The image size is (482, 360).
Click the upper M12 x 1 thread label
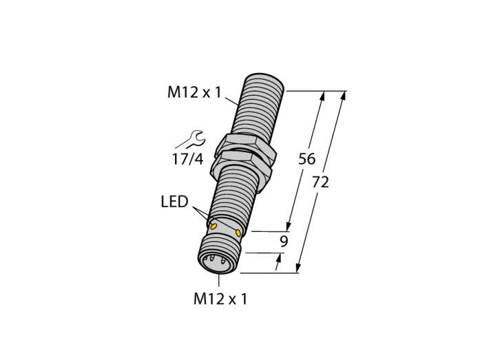(x=194, y=92)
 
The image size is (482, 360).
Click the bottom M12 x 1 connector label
(x=220, y=299)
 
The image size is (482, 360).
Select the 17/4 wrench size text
(x=187, y=159)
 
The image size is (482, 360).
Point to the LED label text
(x=174, y=202)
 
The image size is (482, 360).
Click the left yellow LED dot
(x=213, y=227)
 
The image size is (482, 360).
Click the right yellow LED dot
(x=238, y=233)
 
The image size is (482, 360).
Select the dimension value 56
(x=307, y=159)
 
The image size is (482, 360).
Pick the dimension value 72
(x=321, y=182)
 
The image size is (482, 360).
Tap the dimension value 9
(x=284, y=242)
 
